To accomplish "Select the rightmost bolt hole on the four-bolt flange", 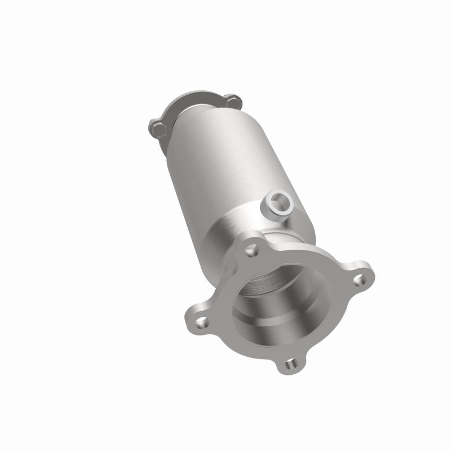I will coord(356,278).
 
